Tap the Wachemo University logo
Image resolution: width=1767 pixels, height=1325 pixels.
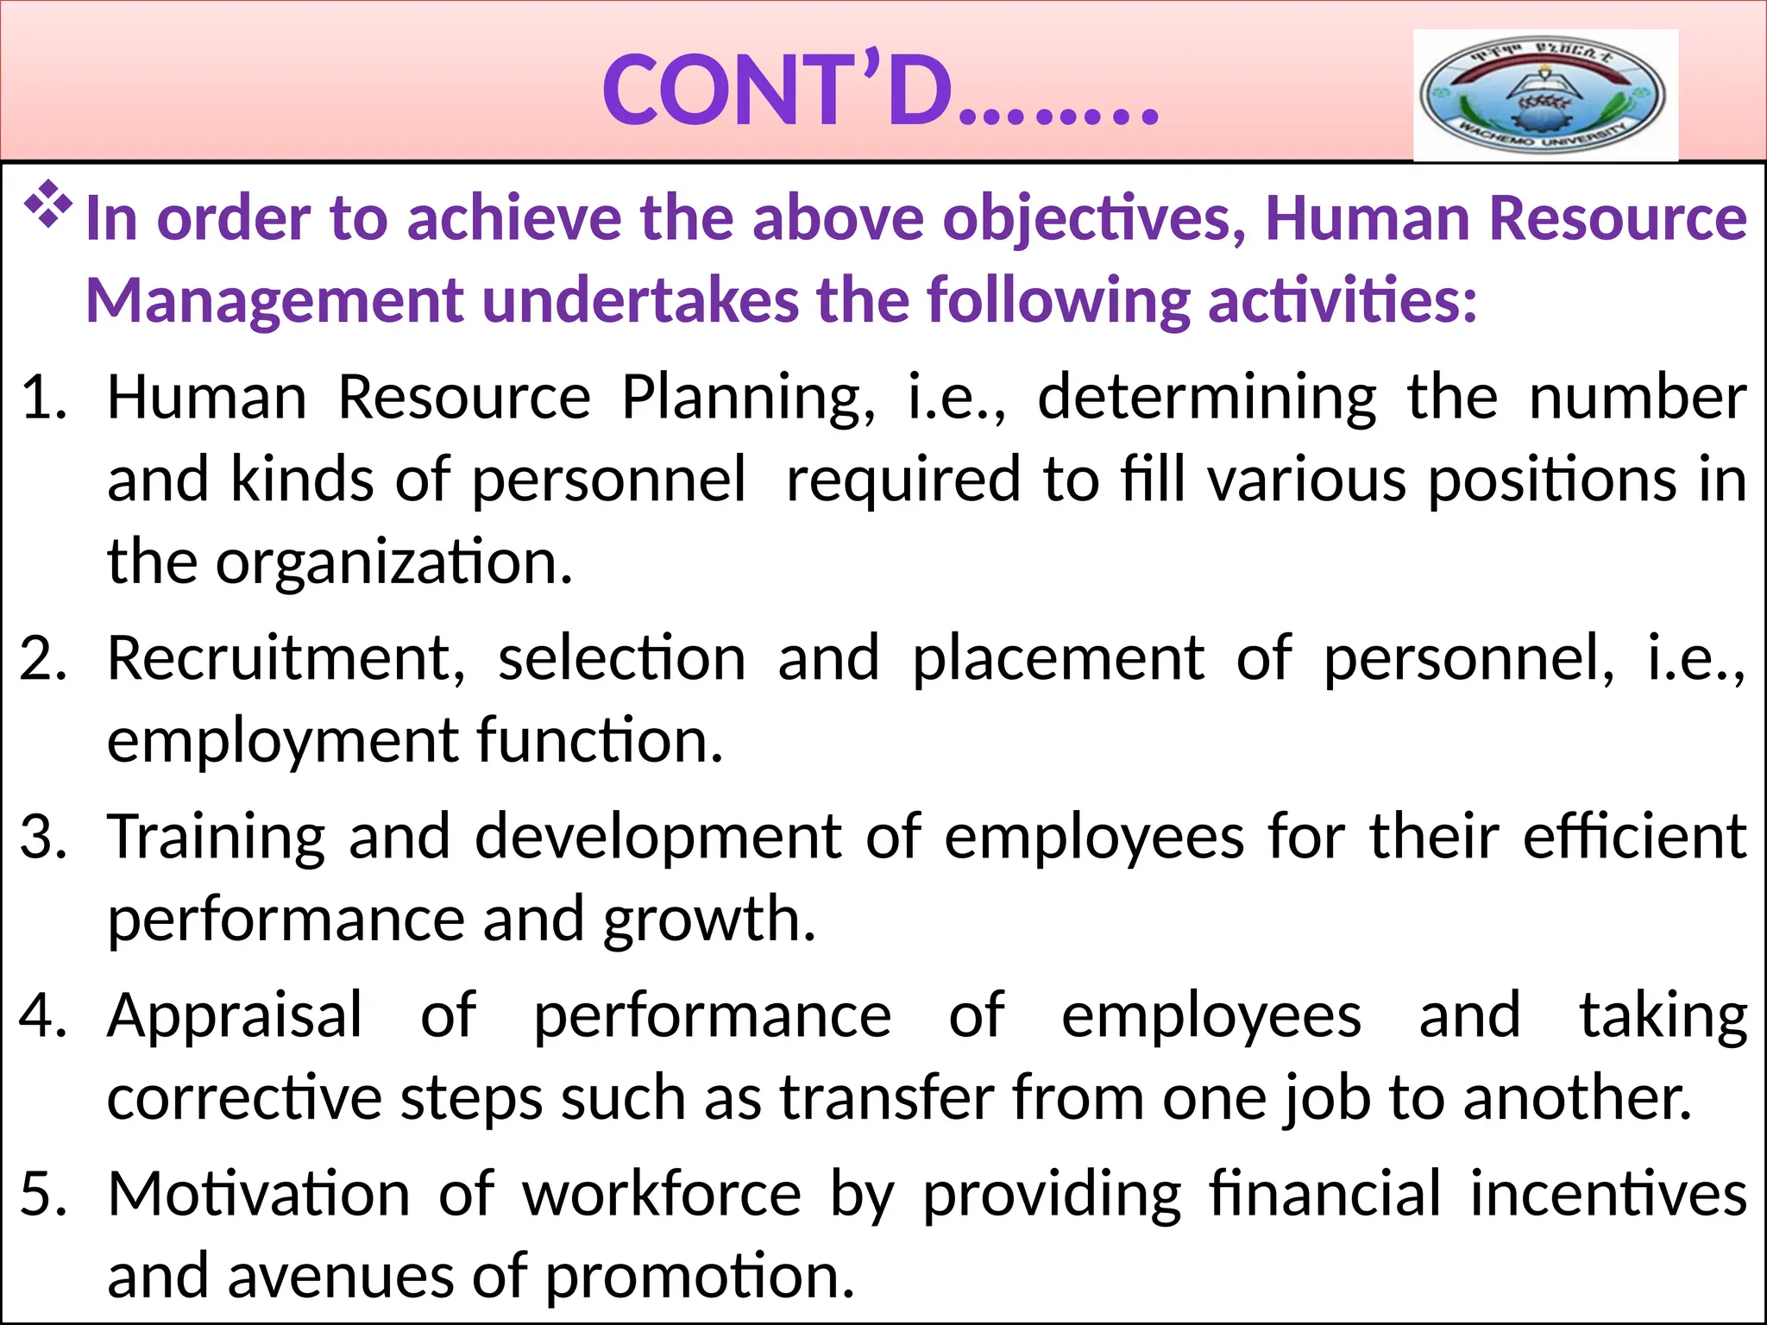[x=1544, y=95]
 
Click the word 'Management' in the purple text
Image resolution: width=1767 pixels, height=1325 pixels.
[x=274, y=302]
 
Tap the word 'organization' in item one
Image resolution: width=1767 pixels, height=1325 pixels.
[x=393, y=562]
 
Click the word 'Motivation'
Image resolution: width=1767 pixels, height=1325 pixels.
[x=259, y=1195]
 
